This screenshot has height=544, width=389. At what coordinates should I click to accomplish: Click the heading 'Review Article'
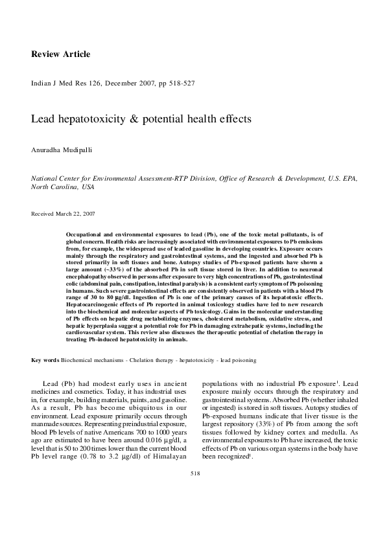point(61,54)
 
